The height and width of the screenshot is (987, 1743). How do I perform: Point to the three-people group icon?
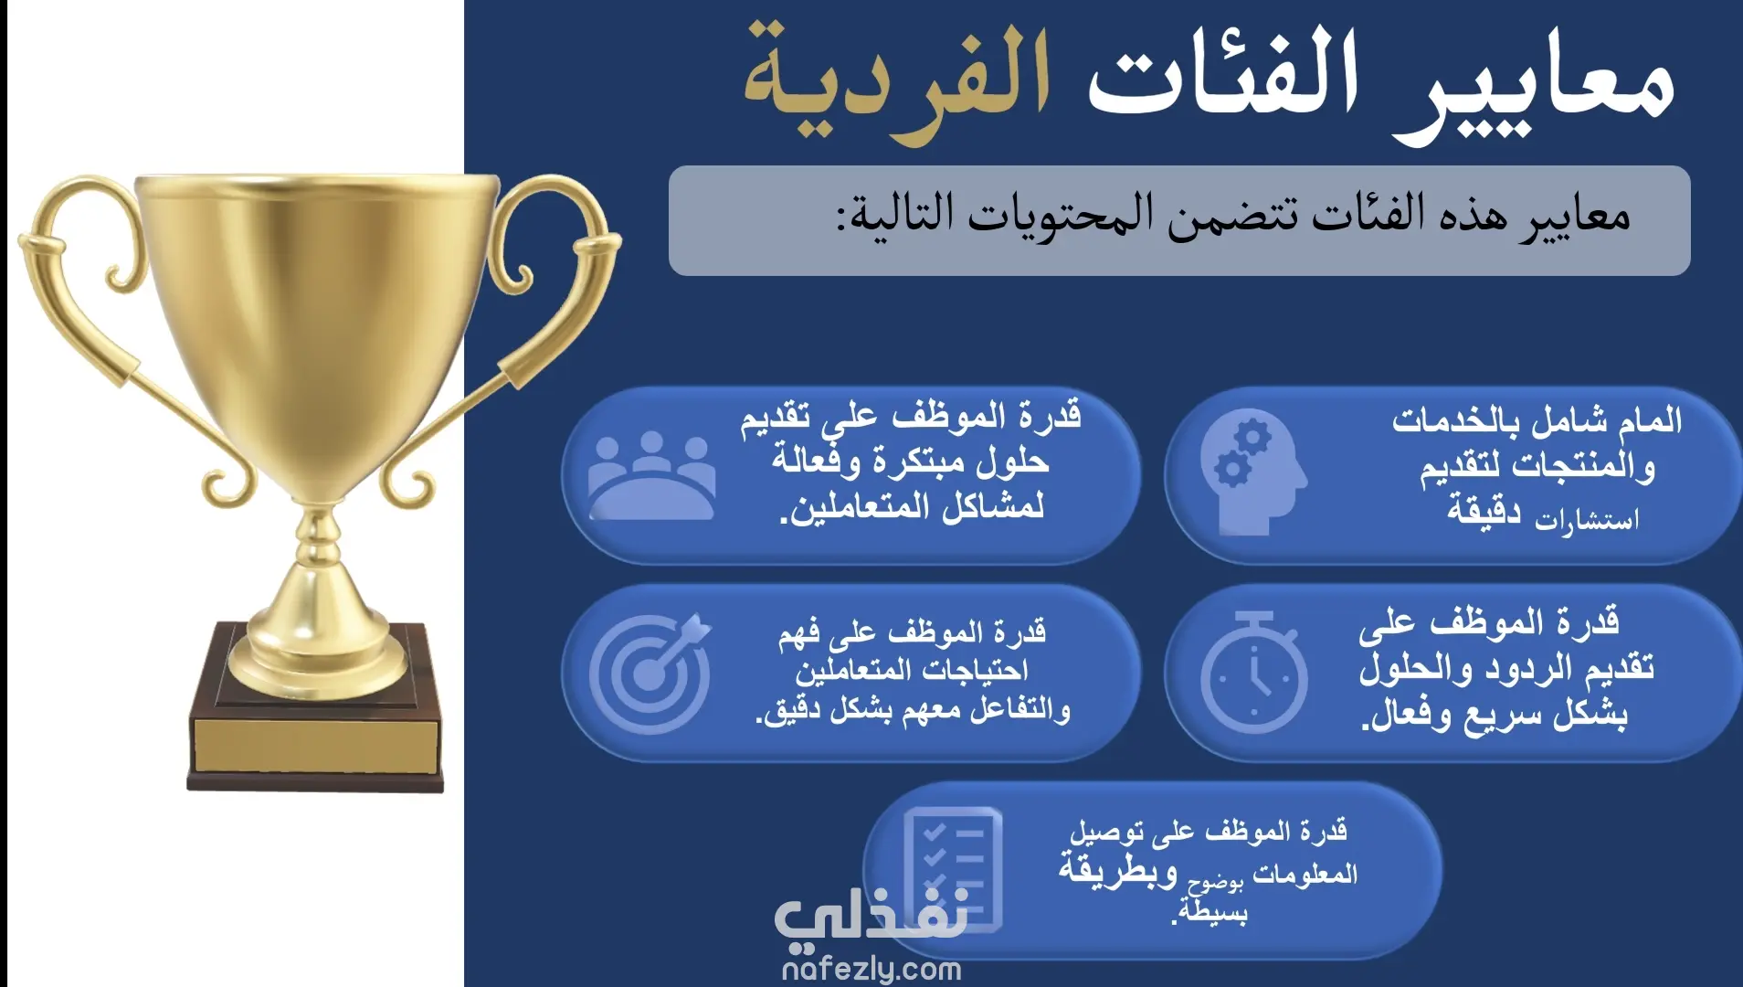(x=651, y=475)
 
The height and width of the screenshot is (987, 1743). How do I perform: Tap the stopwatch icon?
(x=1253, y=673)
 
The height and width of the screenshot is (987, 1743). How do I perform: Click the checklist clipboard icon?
(x=952, y=868)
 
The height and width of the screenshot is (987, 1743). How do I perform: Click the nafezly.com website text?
(x=871, y=969)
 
